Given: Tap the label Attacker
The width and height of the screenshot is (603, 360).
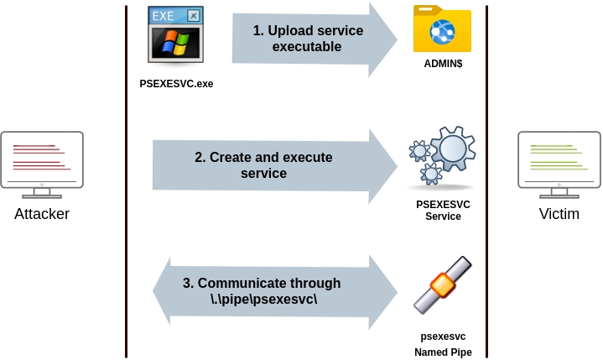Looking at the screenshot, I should pos(42,214).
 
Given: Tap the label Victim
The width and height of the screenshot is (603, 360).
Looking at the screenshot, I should pos(559,214).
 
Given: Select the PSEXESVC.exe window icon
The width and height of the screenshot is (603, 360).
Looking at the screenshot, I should pos(175,34).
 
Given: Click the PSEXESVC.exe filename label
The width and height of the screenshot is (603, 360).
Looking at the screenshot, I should pos(176,84).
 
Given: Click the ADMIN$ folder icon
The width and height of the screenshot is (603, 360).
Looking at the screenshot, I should pos(442,29).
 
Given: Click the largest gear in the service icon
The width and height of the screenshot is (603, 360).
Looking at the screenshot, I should pos(454,149).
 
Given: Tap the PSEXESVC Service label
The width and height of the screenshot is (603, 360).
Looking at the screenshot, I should pos(443,210).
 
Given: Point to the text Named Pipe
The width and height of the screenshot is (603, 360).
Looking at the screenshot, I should pos(443,352).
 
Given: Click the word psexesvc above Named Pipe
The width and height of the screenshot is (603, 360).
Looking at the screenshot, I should pos(443,337).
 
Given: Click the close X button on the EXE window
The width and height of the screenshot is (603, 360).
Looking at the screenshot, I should pos(194,15).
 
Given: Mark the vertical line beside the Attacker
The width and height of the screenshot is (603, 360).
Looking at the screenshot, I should pos(127,180).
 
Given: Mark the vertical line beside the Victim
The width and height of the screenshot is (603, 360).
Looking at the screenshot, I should pos(486,180).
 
